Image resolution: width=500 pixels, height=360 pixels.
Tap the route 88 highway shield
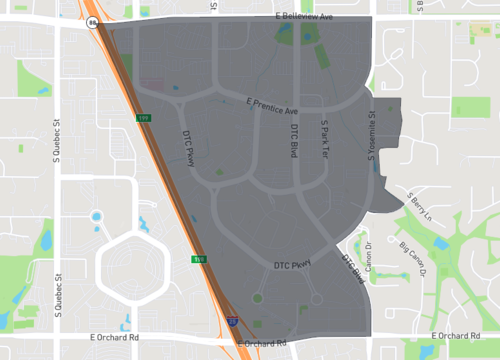point(92,20)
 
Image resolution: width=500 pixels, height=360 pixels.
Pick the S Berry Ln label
point(419,206)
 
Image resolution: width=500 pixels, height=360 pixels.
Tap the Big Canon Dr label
point(411,258)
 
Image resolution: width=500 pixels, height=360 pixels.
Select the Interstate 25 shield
point(232,323)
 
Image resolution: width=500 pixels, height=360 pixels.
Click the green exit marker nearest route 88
point(142,119)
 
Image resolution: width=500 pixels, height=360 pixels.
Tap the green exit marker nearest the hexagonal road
point(199,259)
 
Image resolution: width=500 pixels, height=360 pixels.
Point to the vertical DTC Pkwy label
point(188,147)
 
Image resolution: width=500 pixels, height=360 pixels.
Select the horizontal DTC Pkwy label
point(293,264)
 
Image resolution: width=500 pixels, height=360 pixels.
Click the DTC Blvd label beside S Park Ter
point(294,142)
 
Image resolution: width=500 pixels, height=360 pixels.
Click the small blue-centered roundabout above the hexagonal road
point(97,216)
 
